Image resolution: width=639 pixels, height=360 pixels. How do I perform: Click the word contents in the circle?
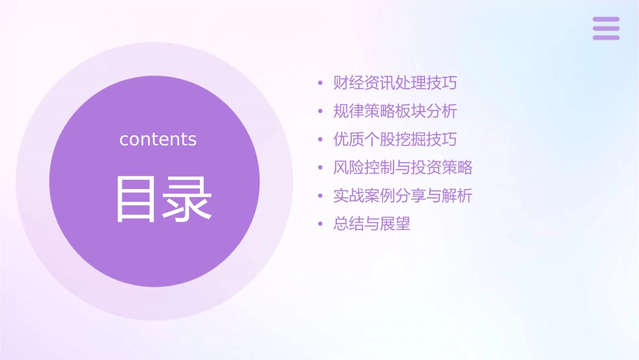pos(158,139)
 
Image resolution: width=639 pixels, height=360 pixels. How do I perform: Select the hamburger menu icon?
pos(606,28)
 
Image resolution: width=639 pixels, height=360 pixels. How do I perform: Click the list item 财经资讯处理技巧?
pos(396,83)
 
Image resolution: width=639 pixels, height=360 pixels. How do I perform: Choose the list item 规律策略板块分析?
pos(396,111)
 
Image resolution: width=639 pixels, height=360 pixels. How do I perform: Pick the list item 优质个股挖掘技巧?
pos(396,139)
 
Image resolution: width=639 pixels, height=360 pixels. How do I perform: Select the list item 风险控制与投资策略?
pos(403,168)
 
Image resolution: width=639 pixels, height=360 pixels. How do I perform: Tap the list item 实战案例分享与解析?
pos(403,196)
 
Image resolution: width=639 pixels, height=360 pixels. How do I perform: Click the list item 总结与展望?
pos(372,224)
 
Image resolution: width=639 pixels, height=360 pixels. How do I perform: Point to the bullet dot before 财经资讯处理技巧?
pos(321,84)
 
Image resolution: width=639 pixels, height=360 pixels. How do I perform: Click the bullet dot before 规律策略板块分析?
pos(321,112)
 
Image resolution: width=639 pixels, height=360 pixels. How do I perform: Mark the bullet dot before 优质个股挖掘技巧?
pos(321,140)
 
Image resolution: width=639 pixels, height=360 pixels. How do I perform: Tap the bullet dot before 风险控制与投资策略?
pos(321,168)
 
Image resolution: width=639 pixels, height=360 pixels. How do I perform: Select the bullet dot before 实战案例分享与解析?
pos(321,196)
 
